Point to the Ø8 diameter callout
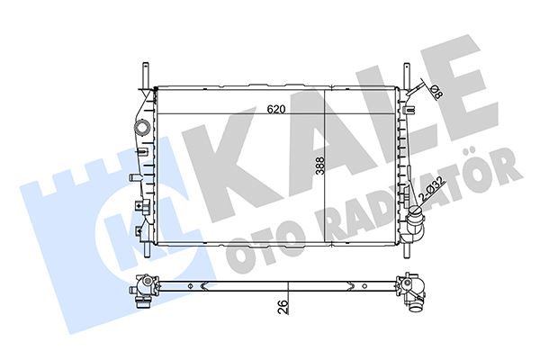point(436,90)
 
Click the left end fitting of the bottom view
point(142,289)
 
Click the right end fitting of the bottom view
point(413,290)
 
